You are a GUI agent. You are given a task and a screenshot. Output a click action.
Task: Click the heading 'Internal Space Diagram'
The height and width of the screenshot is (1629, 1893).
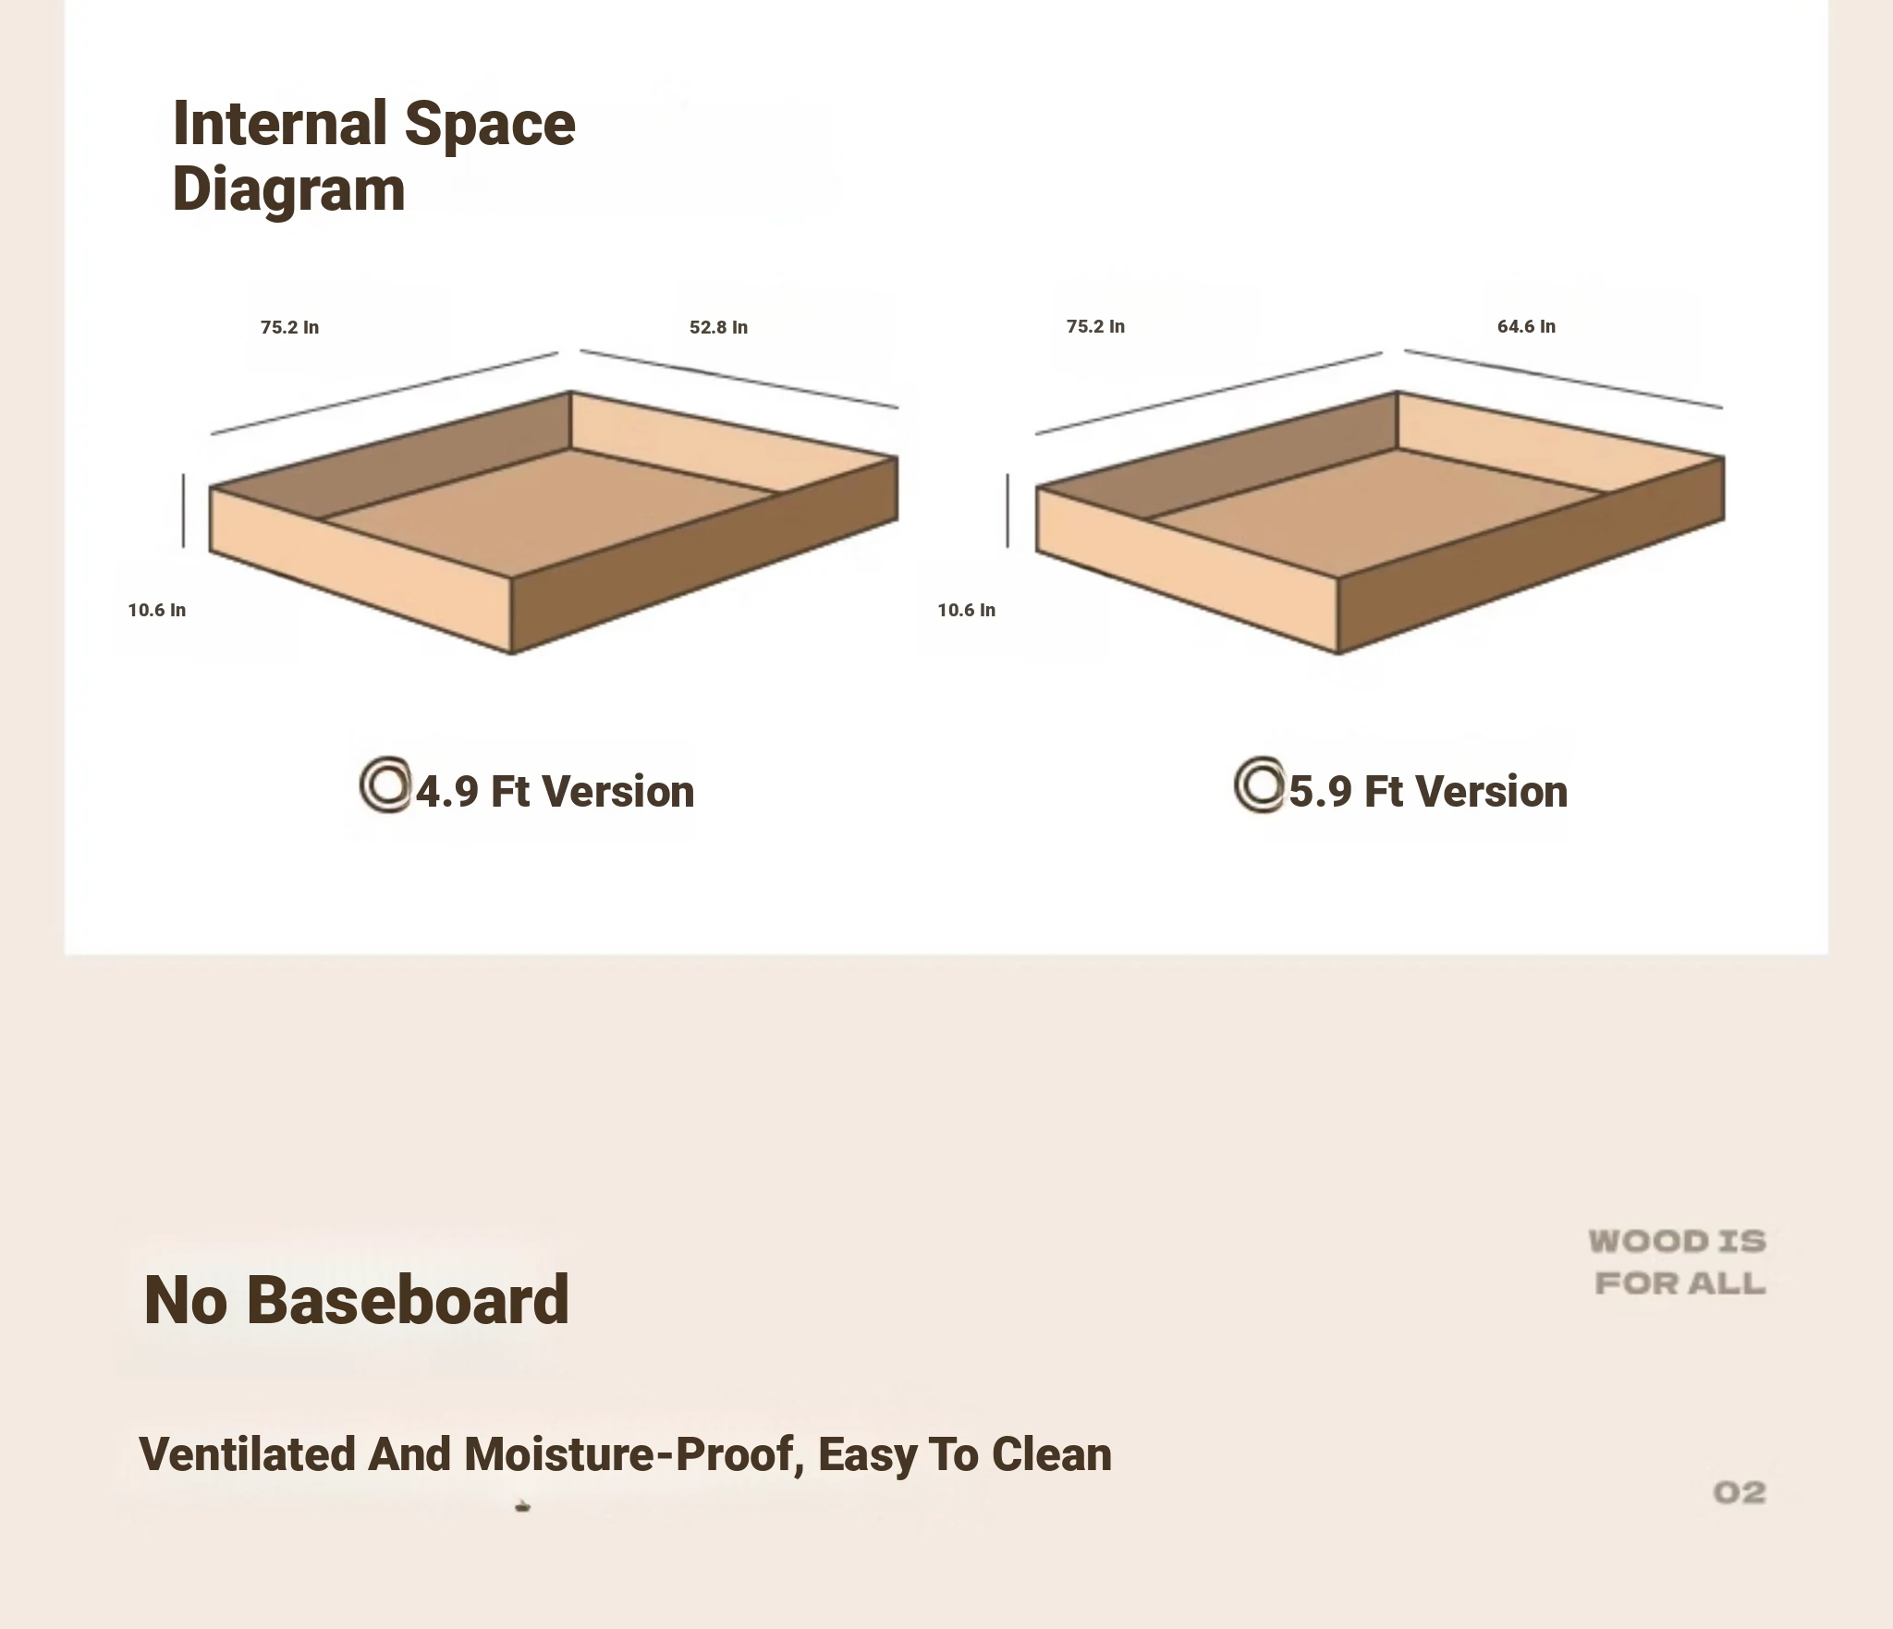[x=373, y=156]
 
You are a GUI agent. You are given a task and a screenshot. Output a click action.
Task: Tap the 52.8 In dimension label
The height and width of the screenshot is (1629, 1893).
[x=718, y=327]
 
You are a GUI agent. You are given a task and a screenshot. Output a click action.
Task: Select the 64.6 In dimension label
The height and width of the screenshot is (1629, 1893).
[x=1526, y=326]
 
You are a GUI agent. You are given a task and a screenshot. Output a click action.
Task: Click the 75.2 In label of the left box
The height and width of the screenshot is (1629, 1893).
[x=289, y=327]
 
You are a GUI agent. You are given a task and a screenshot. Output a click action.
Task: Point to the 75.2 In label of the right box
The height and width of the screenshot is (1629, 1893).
[x=1095, y=326]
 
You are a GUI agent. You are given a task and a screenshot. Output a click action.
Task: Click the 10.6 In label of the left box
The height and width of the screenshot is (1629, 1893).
[x=157, y=610]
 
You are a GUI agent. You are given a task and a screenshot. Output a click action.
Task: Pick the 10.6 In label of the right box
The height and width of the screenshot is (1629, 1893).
[x=966, y=610]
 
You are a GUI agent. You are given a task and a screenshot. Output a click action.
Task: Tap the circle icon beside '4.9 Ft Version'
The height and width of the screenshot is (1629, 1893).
[x=385, y=784]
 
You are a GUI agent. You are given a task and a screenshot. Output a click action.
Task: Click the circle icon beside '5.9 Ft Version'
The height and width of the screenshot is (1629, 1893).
[x=1259, y=784]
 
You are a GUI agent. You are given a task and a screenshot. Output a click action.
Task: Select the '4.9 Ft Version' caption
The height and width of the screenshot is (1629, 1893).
[x=555, y=792]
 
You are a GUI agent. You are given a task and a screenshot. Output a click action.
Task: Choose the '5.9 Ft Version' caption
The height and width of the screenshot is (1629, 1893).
[x=1428, y=792]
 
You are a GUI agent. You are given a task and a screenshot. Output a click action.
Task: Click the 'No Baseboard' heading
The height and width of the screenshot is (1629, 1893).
[x=356, y=1300]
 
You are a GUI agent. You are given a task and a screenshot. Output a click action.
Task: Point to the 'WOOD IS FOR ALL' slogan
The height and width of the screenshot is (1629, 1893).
[x=1678, y=1262]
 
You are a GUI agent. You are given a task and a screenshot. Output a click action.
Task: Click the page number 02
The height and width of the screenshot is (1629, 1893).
[x=1740, y=1492]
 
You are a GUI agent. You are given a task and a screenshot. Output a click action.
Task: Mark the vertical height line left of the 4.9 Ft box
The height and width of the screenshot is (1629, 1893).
[x=183, y=510]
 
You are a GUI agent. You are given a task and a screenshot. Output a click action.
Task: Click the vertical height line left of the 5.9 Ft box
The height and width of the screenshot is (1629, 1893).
[x=1008, y=510]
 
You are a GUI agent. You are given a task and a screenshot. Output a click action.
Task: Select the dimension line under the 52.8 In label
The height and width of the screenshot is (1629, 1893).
[x=739, y=379]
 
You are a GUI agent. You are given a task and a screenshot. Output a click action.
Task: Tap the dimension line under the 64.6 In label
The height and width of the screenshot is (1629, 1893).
[x=1564, y=379]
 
